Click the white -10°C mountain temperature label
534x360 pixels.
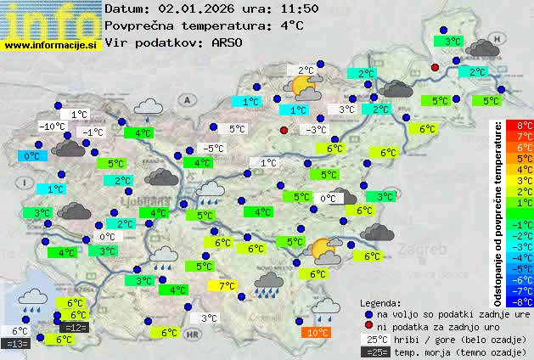pos(53,127)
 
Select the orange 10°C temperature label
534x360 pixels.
pos(318,333)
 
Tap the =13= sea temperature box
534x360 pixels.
pos(16,343)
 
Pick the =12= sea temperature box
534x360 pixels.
pos(75,327)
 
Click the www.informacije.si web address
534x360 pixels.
pos(51,43)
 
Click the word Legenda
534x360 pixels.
pos(380,302)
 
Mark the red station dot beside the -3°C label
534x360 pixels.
pos(284,130)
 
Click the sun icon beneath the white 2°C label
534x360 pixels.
pos(302,87)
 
